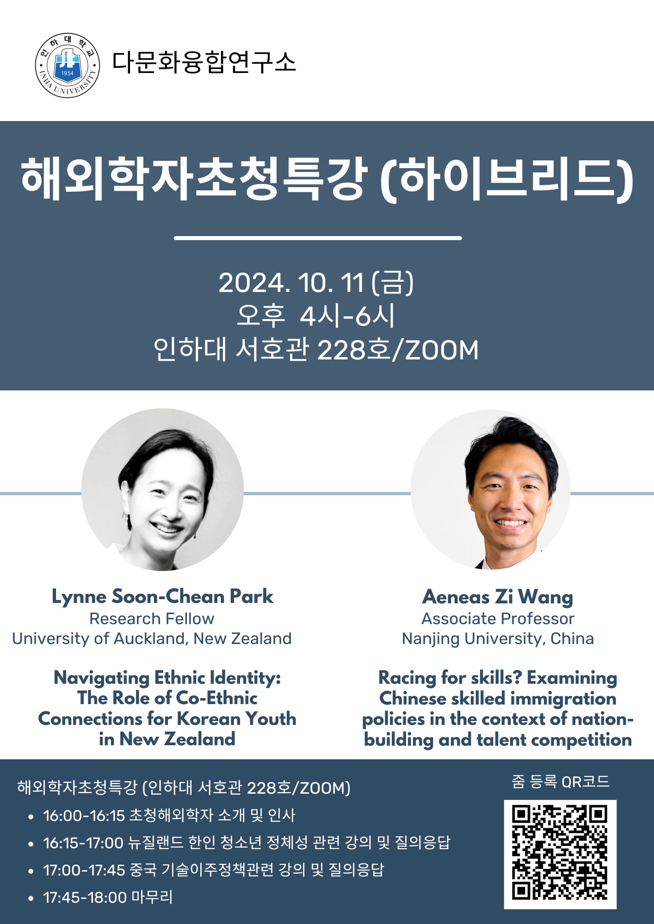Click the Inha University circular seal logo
click(68, 65)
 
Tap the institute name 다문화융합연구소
click(204, 62)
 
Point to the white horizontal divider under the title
click(318, 238)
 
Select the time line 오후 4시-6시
click(316, 316)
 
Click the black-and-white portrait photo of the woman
click(163, 490)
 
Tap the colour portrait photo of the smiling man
click(491, 490)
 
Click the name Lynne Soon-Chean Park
click(162, 596)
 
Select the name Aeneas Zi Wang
click(498, 597)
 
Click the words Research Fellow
click(152, 619)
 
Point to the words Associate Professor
click(498, 619)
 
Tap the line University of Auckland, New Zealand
click(152, 638)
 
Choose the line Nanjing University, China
click(498, 638)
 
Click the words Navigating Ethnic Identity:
click(167, 678)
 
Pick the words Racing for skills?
click(450, 678)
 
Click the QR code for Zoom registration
click(560, 854)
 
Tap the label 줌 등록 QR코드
click(561, 781)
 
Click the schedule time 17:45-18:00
click(85, 897)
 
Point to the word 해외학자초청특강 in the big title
click(194, 178)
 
